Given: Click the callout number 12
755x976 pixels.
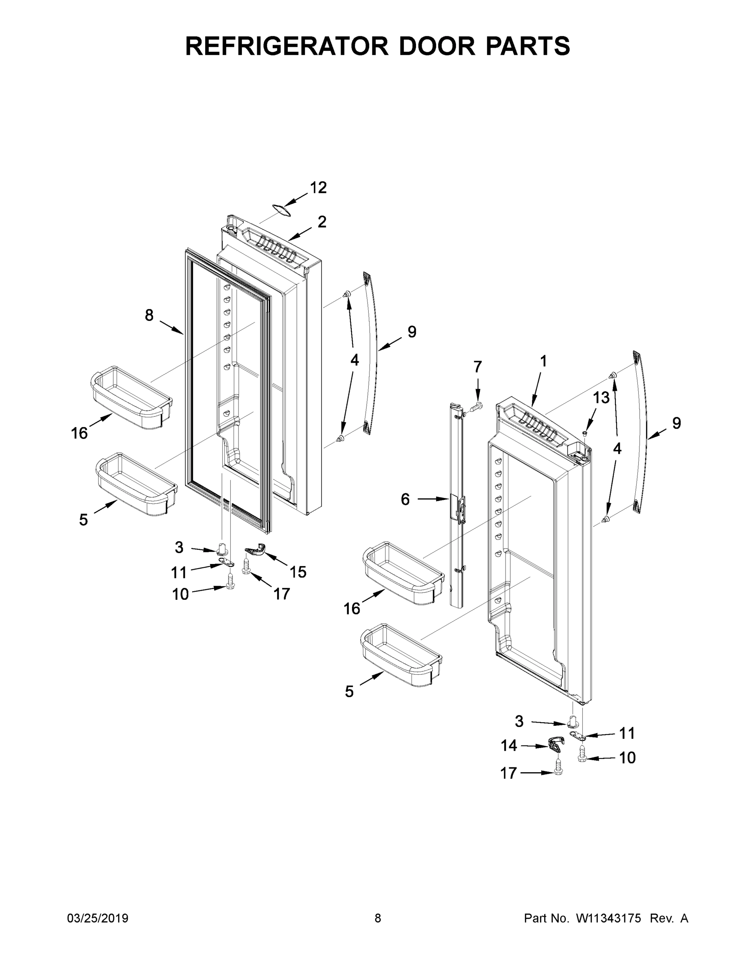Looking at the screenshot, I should point(318,188).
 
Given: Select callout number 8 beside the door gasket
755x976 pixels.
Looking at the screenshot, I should point(149,316).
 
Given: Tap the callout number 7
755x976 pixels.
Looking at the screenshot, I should point(478,367).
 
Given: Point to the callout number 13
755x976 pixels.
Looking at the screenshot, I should point(601,397).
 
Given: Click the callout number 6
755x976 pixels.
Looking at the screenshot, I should point(405,499).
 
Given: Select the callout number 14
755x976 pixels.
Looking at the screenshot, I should point(508,745).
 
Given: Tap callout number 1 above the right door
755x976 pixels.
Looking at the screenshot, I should point(543,361).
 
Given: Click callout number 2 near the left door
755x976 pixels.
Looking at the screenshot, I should point(322,222).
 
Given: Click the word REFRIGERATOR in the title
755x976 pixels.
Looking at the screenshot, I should point(287,46).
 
